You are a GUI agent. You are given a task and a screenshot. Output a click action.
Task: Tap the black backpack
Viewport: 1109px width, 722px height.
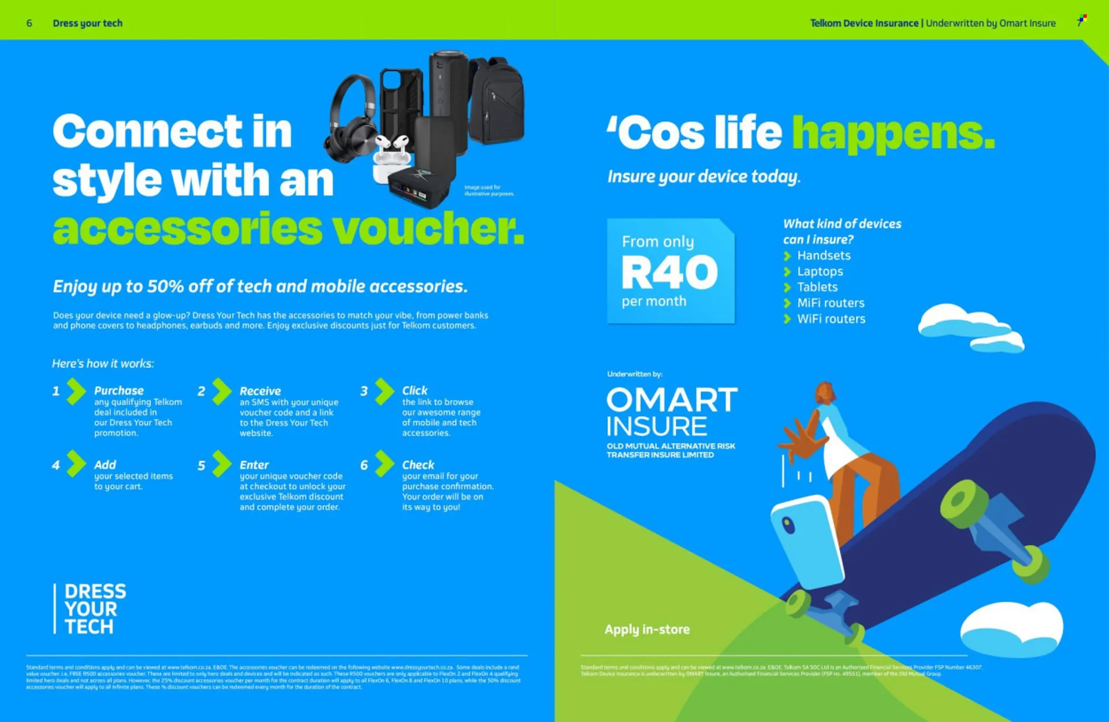tap(496, 98)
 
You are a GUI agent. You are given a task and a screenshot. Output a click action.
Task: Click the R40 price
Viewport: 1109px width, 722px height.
tap(669, 272)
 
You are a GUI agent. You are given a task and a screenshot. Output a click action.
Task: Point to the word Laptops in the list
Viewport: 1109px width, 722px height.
tap(820, 271)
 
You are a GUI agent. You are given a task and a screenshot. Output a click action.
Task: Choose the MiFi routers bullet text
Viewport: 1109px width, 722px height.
tap(831, 303)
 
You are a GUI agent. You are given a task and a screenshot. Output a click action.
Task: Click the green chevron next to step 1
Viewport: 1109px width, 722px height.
tap(76, 391)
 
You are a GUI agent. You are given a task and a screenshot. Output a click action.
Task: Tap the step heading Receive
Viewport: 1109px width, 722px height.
tap(260, 391)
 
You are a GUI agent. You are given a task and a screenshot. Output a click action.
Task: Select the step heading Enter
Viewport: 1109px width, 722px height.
tap(254, 465)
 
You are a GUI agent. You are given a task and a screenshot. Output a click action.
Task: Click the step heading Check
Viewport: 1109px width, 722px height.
tap(418, 465)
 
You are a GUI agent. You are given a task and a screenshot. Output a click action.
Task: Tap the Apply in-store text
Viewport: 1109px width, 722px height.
tap(647, 630)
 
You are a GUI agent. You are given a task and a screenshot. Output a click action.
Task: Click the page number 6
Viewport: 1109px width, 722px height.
tap(29, 23)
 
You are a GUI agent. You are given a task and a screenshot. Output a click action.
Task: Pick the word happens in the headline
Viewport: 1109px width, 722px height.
tap(893, 134)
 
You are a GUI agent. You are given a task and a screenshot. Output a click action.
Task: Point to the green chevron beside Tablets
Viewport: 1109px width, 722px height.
tap(787, 287)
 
